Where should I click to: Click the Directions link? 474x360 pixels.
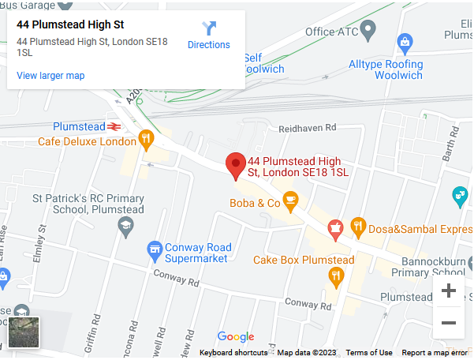pyautogui.click(x=208, y=36)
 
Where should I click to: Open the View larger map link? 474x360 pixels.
pyautogui.click(x=50, y=76)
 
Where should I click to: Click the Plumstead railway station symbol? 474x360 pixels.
pyautogui.click(x=115, y=126)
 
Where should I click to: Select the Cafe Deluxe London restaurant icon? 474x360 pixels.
pyautogui.click(x=146, y=141)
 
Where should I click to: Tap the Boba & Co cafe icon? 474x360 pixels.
pyautogui.click(x=291, y=201)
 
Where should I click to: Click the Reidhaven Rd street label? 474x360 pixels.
pyautogui.click(x=307, y=127)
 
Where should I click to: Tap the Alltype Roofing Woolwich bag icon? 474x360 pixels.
pyautogui.click(x=405, y=40)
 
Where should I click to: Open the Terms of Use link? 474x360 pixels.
pyautogui.click(x=368, y=353)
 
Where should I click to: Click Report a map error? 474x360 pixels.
pyautogui.click(x=434, y=353)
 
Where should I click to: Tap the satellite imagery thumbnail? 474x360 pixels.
pyautogui.click(x=24, y=332)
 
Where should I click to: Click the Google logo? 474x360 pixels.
pyautogui.click(x=236, y=337)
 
